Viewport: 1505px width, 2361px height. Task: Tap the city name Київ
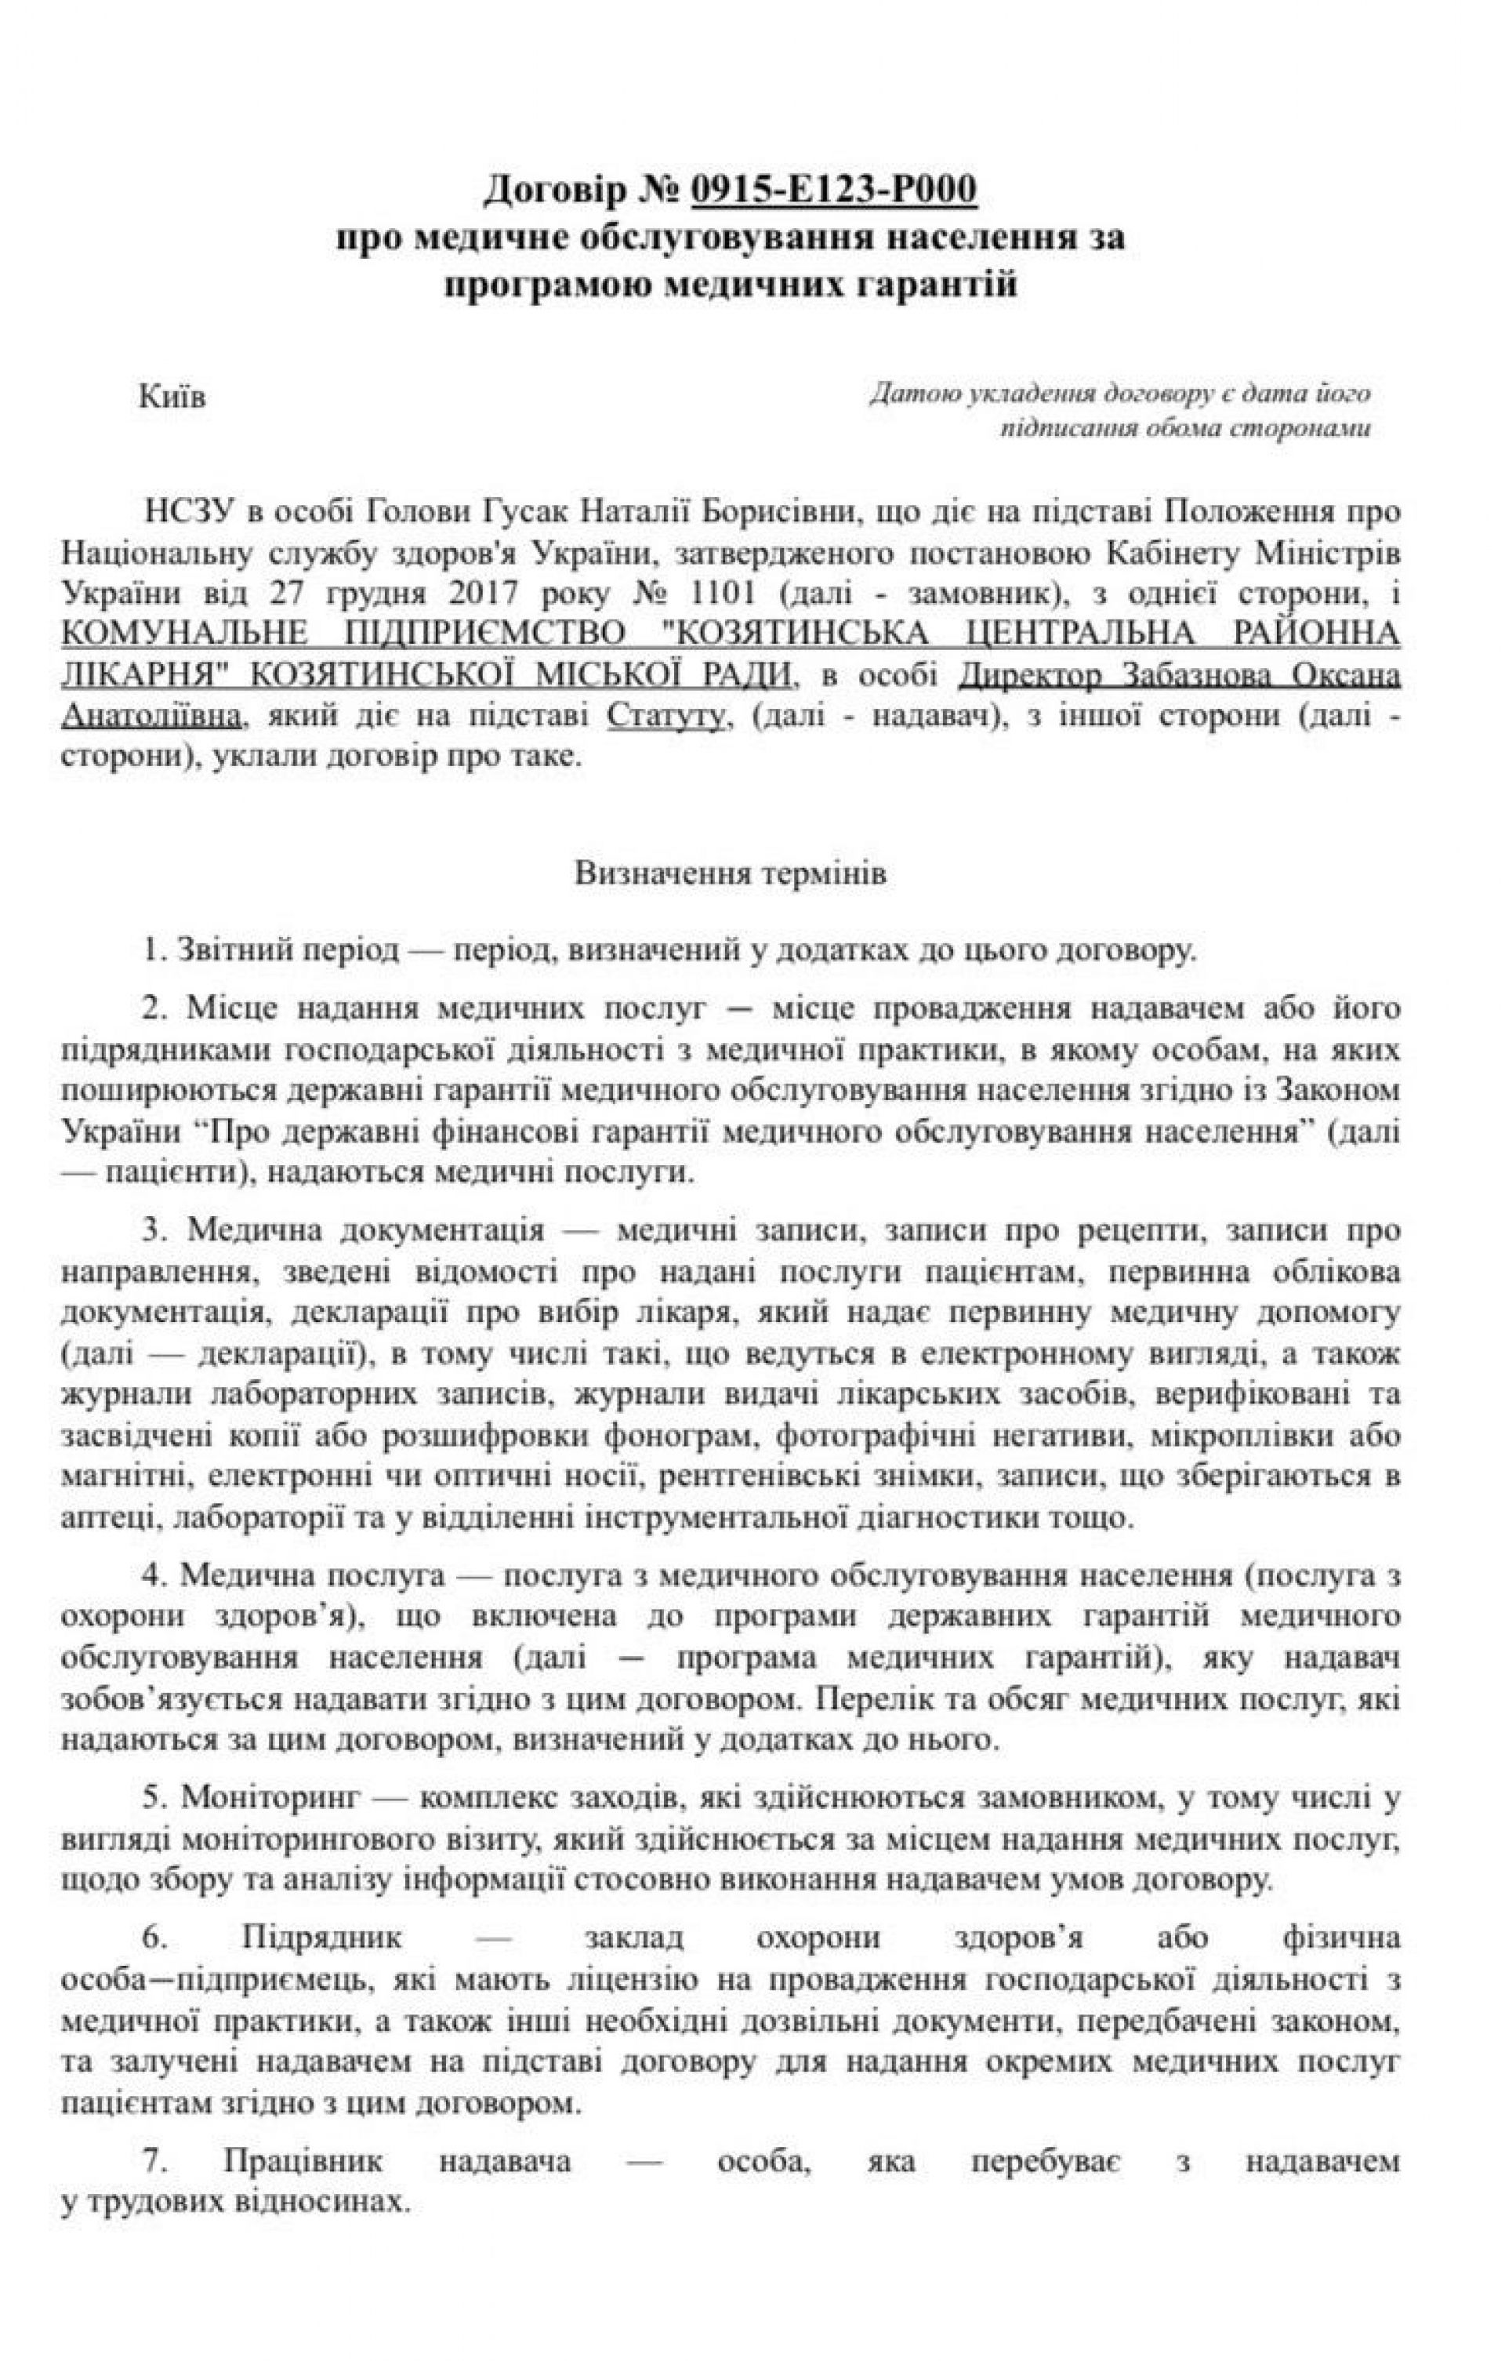[172, 400]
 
